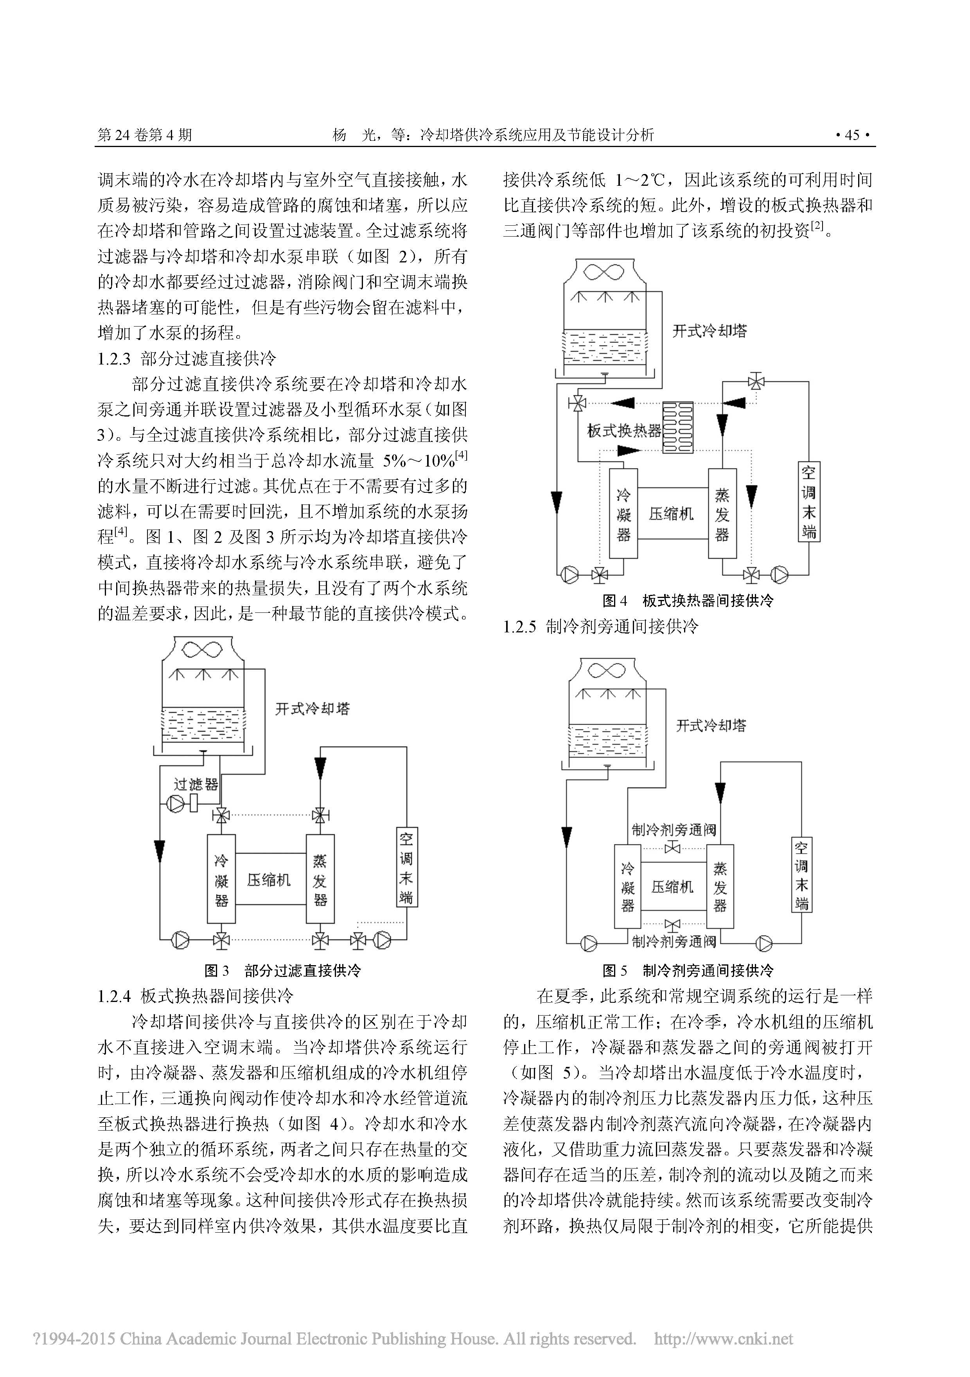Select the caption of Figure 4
pos(688,600)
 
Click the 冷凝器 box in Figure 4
pos(623,514)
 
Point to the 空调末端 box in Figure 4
pos(808,502)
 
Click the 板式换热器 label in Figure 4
pos(623,431)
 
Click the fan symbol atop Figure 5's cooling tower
pos(607,670)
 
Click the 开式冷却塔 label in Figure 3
pos(312,709)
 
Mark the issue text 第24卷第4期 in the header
pos(145,135)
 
